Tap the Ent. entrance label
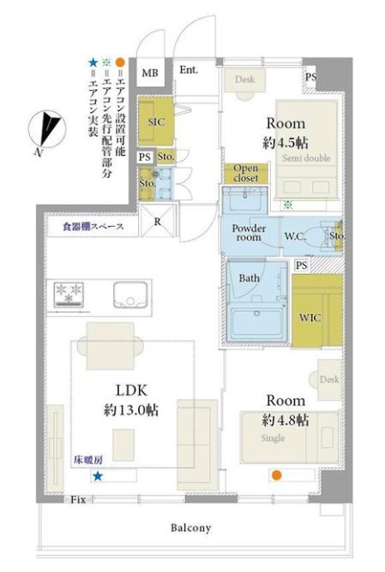(189, 70)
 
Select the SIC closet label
(156, 122)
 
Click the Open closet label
(241, 172)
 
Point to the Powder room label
(250, 234)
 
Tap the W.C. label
(295, 235)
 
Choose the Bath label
(249, 278)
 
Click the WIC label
(310, 317)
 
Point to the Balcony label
(190, 528)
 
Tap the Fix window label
(77, 499)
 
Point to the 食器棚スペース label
(93, 227)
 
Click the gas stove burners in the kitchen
(72, 293)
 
